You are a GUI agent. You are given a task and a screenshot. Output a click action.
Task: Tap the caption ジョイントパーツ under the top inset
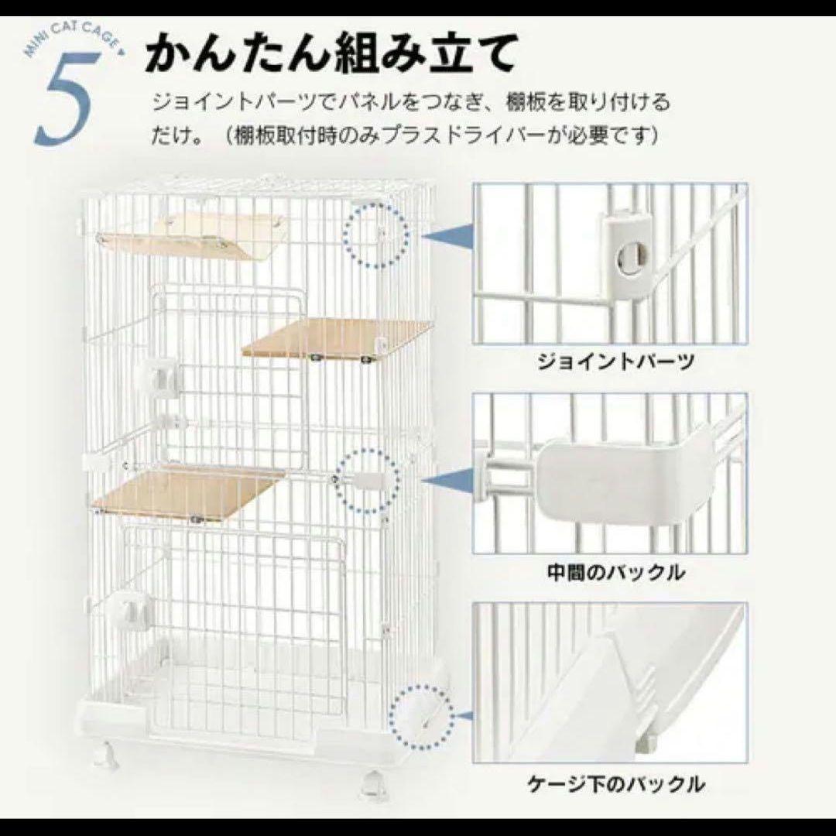click(606, 361)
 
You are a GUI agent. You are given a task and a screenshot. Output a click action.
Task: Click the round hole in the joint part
click(629, 260)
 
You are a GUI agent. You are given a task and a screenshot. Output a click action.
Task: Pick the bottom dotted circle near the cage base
click(422, 716)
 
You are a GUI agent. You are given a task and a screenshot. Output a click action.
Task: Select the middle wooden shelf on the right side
click(337, 338)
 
